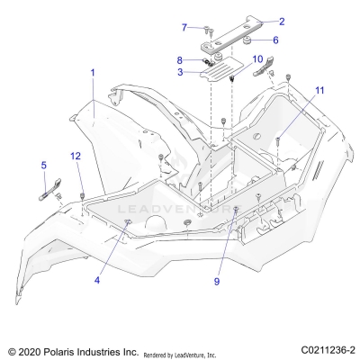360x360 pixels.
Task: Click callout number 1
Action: click(91, 71)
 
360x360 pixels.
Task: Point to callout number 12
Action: click(76, 157)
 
